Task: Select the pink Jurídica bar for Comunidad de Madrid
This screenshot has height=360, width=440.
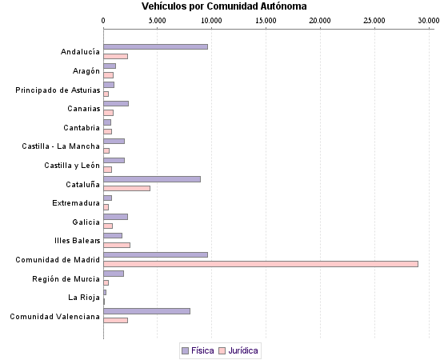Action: pyautogui.click(x=260, y=264)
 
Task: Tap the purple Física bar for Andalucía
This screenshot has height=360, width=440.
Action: pyautogui.click(x=155, y=47)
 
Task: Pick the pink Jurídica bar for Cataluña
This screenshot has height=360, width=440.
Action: pyautogui.click(x=126, y=188)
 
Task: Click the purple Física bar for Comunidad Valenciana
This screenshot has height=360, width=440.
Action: pyautogui.click(x=146, y=311)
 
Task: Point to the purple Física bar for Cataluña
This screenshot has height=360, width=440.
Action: pyautogui.click(x=152, y=179)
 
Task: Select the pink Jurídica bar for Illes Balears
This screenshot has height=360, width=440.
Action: pyautogui.click(x=117, y=245)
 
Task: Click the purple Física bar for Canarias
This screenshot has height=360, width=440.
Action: pyautogui.click(x=116, y=103)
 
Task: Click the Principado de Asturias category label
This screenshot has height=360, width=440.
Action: pyautogui.click(x=58, y=90)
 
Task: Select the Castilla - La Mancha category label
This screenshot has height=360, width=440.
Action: pyautogui.click(x=61, y=146)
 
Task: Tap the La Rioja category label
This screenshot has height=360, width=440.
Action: pyautogui.click(x=83, y=298)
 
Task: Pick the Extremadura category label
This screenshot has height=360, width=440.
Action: pyautogui.click(x=76, y=203)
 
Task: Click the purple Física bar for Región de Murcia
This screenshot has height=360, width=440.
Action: pyautogui.click(x=114, y=274)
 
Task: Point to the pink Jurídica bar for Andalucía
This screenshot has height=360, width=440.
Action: pyautogui.click(x=115, y=56)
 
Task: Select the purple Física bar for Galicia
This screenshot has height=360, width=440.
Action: pyautogui.click(x=115, y=217)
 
